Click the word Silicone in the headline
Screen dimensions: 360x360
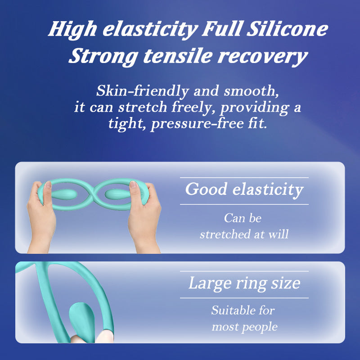pos(287,29)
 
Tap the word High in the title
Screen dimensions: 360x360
pos(72,30)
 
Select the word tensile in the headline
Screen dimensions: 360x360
pos(178,56)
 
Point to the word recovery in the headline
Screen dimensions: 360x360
pos(262,57)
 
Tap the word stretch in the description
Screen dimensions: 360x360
pos(143,107)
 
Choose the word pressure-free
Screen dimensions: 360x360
pos(197,124)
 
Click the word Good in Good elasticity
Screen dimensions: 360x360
pos(206,189)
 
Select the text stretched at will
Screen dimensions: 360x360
pos(244,234)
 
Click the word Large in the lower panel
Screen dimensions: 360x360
pos(210,283)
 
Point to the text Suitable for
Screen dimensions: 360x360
pos(243,310)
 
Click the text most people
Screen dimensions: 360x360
pos(244,327)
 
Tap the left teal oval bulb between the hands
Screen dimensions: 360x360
pos(64,194)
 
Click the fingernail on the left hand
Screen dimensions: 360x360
pos(48,184)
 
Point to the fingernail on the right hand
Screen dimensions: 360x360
pos(133,184)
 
